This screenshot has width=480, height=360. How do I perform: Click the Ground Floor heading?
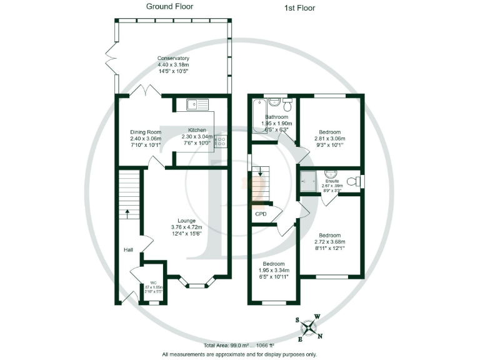(169, 7)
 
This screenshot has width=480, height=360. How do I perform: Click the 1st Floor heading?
(299, 8)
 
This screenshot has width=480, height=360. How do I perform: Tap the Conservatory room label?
(173, 59)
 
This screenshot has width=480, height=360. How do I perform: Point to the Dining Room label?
(146, 132)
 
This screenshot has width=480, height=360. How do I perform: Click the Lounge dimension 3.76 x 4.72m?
(186, 227)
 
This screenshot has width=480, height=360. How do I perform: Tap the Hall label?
(128, 250)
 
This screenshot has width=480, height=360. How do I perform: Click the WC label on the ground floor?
(153, 282)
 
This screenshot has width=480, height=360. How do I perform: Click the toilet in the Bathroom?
(287, 103)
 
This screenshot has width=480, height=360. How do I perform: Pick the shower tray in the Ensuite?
(307, 181)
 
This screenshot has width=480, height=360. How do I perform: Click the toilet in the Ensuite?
(354, 181)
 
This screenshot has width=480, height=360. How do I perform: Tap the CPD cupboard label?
(261, 214)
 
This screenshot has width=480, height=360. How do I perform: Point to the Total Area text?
(239, 345)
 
